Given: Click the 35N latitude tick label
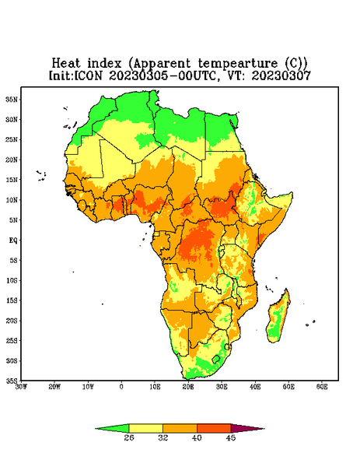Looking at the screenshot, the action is [x=12, y=100].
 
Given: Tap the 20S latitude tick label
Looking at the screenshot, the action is [x=12, y=321].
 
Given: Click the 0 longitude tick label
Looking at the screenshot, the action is [x=121, y=387].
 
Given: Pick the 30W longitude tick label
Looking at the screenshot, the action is [x=21, y=387].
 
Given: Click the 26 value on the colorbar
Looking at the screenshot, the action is [x=129, y=437].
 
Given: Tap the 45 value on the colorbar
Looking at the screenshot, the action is [x=231, y=437].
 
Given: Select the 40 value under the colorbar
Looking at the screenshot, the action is [x=197, y=437].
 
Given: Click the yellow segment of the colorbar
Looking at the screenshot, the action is [x=145, y=428].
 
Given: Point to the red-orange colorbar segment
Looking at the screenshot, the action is [x=214, y=428].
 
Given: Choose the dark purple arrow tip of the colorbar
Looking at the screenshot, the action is [x=247, y=428].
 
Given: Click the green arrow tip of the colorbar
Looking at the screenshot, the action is [x=112, y=428].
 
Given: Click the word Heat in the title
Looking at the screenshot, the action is [x=66, y=63].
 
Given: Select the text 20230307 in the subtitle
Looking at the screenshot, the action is [x=281, y=75].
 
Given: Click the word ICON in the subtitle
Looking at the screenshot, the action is [x=88, y=75].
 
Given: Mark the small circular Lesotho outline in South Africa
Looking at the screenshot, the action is [x=216, y=359].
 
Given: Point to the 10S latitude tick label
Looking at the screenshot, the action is [x=12, y=280].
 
